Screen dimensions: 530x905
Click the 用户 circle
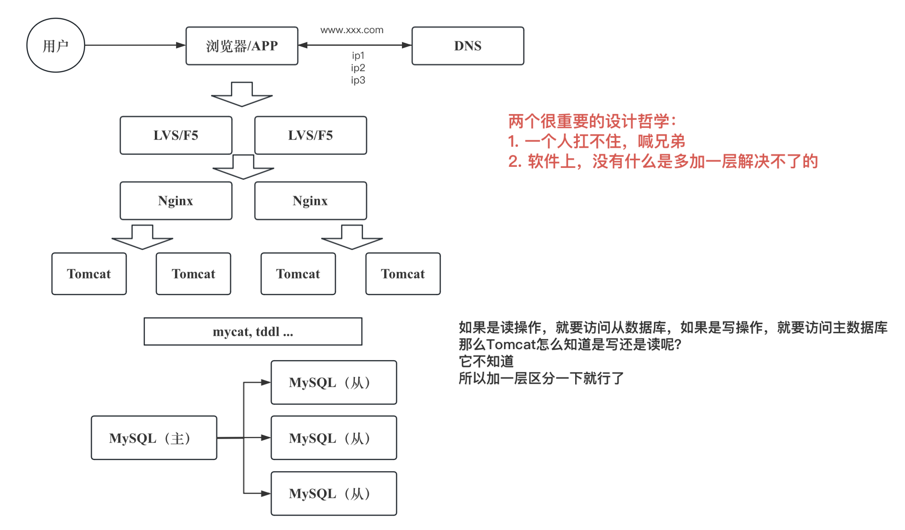click(55, 46)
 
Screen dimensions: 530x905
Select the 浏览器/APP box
click(242, 46)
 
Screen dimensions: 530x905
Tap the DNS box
click(467, 46)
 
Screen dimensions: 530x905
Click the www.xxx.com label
click(352, 30)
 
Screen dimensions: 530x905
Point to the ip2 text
click(358, 68)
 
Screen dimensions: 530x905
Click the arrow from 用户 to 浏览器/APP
click(135, 45)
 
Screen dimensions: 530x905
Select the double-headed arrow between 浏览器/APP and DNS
click(355, 45)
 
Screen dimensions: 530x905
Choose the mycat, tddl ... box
click(253, 331)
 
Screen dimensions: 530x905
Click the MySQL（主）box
click(154, 438)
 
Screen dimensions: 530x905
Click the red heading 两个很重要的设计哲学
click(592, 121)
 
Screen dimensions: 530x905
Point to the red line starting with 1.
click(596, 141)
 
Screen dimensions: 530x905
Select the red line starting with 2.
click(663, 162)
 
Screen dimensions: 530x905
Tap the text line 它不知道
click(486, 361)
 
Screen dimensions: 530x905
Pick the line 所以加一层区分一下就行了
click(541, 379)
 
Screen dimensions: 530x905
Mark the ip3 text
click(358, 80)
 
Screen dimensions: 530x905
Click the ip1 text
click(358, 56)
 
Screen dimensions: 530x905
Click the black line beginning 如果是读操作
click(673, 328)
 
